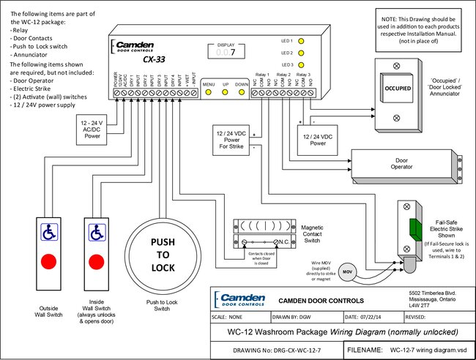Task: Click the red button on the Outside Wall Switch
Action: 48,260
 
